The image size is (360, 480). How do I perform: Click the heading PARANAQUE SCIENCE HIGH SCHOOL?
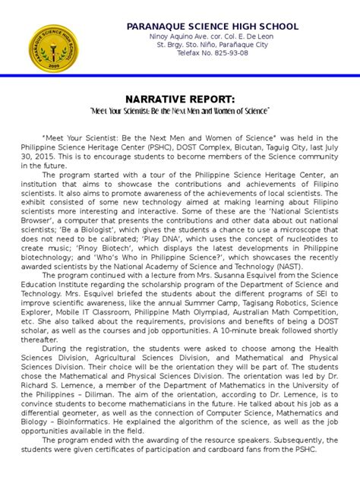213,27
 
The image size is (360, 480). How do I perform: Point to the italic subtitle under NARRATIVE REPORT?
179,111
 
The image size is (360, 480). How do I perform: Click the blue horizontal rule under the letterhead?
180,75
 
